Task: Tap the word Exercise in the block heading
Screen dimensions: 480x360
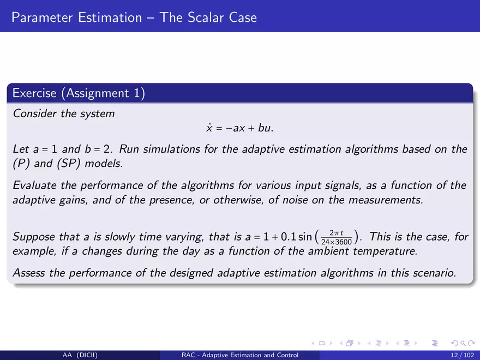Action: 34,93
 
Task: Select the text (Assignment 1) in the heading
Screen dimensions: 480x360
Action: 103,93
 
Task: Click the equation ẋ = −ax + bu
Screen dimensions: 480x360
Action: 240,128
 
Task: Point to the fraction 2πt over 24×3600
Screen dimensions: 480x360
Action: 337,237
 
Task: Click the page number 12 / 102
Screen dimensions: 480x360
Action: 462,355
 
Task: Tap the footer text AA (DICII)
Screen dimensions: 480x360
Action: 80,355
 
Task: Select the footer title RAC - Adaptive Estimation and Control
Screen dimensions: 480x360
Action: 240,355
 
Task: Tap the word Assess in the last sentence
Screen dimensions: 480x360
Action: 29,273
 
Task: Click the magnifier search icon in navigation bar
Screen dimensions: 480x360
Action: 463,343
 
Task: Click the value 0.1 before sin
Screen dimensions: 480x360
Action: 288,237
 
